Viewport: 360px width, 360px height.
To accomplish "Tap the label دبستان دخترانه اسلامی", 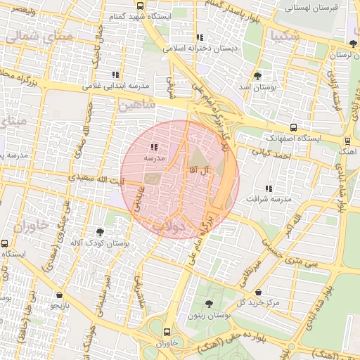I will [200, 49].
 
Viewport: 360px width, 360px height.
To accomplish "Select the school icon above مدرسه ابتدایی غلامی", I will [115, 75].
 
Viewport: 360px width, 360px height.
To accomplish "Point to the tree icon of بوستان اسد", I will [257, 75].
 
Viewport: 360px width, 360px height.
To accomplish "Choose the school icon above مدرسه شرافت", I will [268, 188].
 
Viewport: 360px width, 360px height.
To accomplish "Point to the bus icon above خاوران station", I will [166, 332].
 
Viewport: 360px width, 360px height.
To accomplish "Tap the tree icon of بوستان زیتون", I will [209, 304].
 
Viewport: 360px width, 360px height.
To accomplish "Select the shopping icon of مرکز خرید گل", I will [259, 292].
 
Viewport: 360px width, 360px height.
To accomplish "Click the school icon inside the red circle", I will [154, 147].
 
